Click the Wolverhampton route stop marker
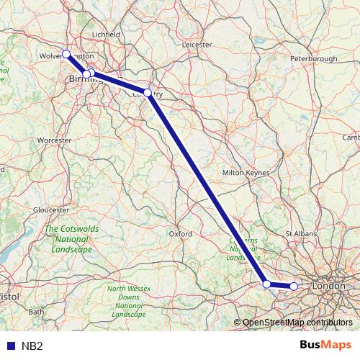point(66,54)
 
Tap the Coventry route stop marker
point(148,93)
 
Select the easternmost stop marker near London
point(294,287)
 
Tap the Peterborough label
point(313,58)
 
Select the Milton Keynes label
point(246,173)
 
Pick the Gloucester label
point(50,210)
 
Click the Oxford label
point(180,234)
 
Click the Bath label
point(36,312)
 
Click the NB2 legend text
point(32,346)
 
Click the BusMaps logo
point(325,345)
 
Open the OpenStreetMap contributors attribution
point(297,322)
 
